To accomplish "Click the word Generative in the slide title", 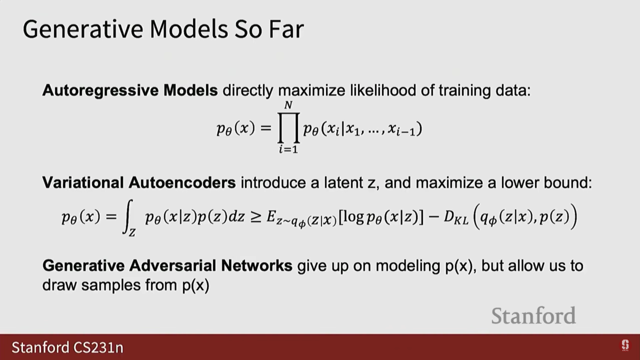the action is click(83, 29).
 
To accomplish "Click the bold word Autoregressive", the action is click(100, 91).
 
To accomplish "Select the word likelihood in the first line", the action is click(383, 90).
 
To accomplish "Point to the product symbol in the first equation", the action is click(289, 128).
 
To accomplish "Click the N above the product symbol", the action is click(288, 105).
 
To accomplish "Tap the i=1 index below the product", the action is click(288, 149).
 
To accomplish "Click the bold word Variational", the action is click(83, 183).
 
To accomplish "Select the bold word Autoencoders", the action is click(182, 183).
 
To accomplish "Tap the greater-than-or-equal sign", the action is click(256, 218).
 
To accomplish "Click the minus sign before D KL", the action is click(434, 218).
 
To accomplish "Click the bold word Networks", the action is click(257, 266).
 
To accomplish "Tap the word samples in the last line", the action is click(111, 285).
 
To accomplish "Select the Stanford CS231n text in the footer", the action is click(68, 347).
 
